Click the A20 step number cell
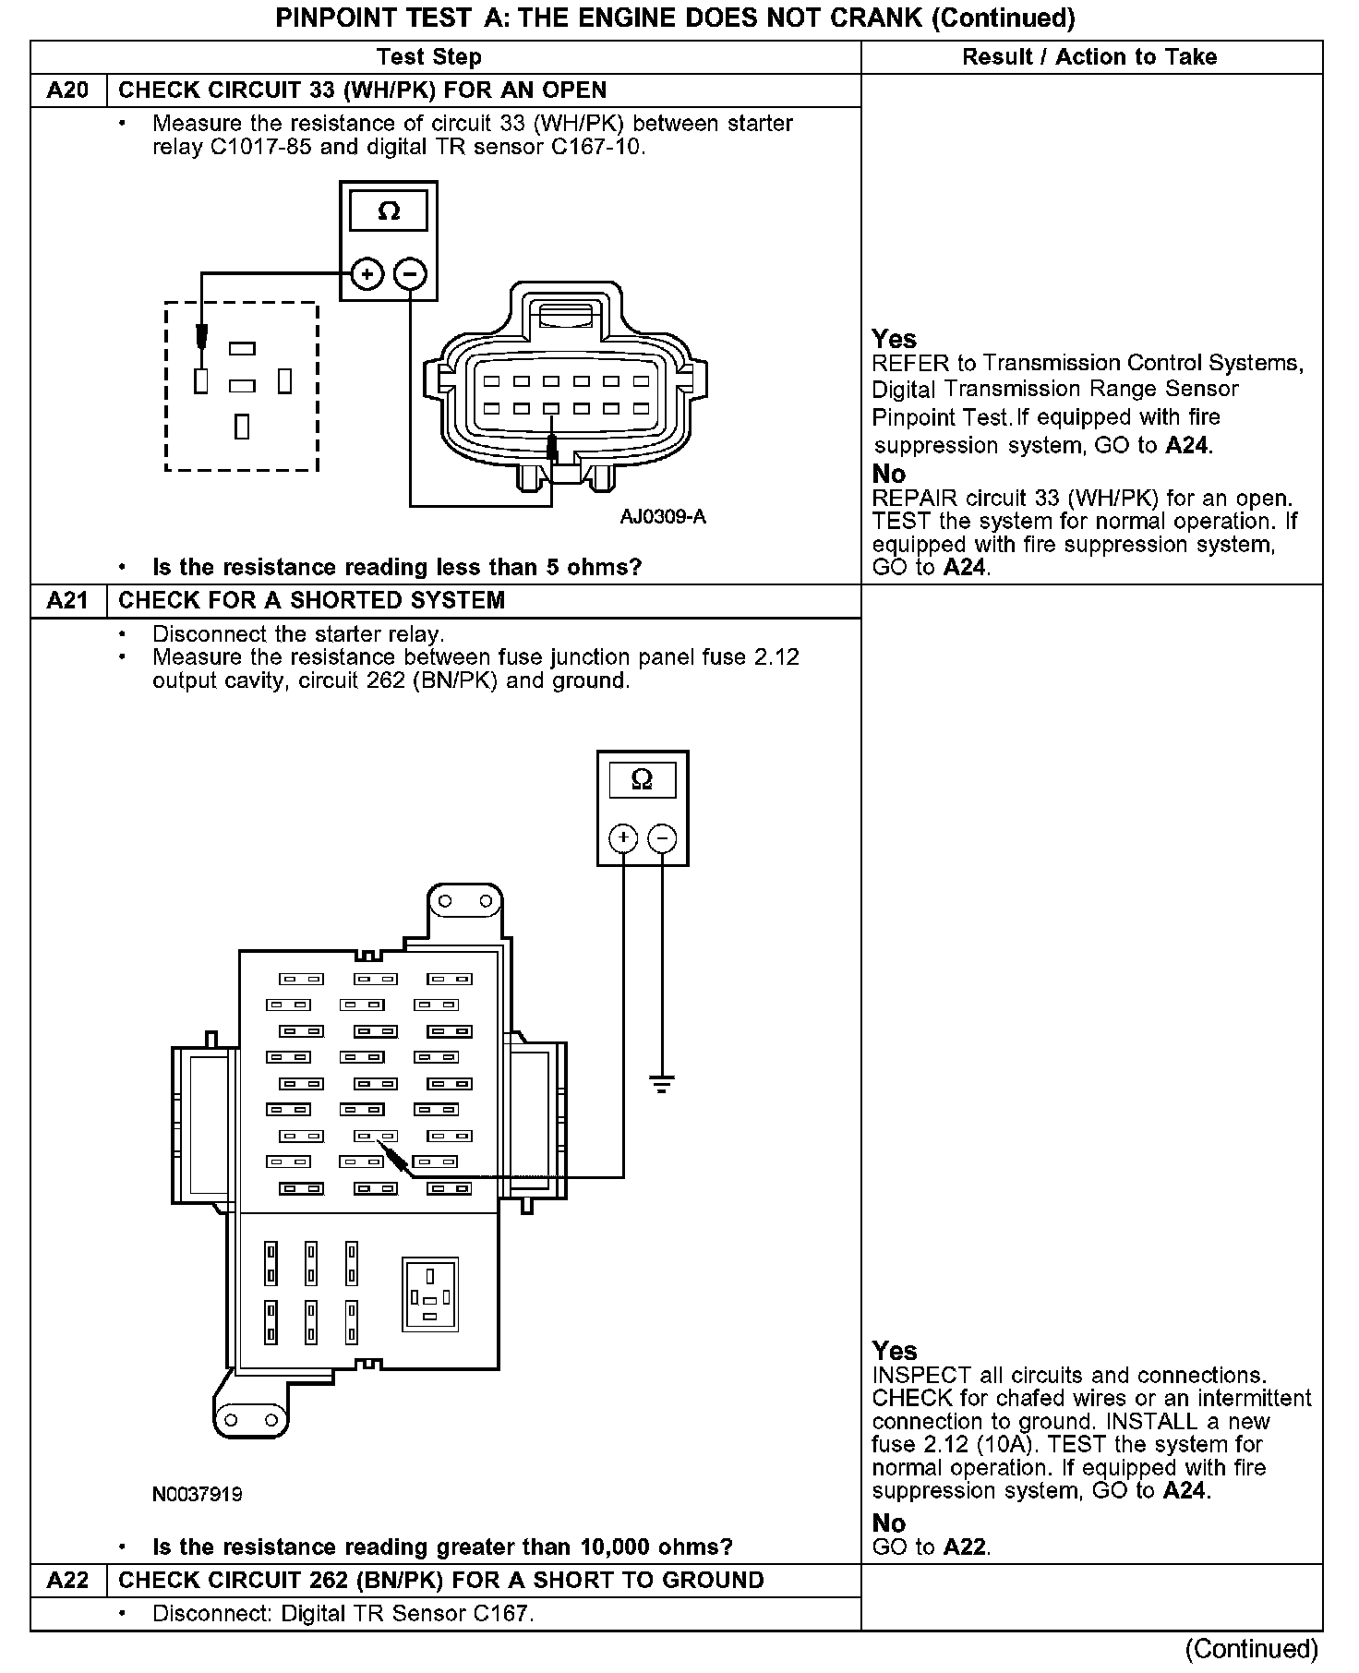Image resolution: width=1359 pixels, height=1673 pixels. point(68,90)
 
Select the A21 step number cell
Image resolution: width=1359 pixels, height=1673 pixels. point(68,600)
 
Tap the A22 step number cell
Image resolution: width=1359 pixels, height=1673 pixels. point(68,1580)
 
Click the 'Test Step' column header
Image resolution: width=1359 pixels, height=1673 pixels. point(429,57)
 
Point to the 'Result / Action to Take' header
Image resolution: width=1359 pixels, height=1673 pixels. point(1089,57)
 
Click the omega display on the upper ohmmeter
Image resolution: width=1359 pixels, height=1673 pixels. point(389,211)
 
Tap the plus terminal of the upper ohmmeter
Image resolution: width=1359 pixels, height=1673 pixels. point(367,273)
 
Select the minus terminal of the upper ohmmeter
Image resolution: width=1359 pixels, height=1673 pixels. point(411,273)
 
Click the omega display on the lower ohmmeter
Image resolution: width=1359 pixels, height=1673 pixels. point(642,780)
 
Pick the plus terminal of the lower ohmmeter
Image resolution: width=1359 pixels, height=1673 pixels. point(624,838)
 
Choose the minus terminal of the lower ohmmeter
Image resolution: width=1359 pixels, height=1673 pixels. point(662,838)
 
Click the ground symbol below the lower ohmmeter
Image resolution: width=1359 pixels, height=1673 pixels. point(662,1083)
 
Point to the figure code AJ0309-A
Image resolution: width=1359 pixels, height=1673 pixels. point(663,516)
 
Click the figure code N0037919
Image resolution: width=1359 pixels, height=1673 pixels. point(198,1494)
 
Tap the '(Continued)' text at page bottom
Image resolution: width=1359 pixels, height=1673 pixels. point(1252,1649)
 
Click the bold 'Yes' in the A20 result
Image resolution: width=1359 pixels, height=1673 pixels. point(894,339)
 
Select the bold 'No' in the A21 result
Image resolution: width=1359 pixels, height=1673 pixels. point(889,1523)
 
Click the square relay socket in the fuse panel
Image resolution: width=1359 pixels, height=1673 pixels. point(430,1294)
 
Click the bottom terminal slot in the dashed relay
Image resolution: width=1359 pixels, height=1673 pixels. point(242,427)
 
